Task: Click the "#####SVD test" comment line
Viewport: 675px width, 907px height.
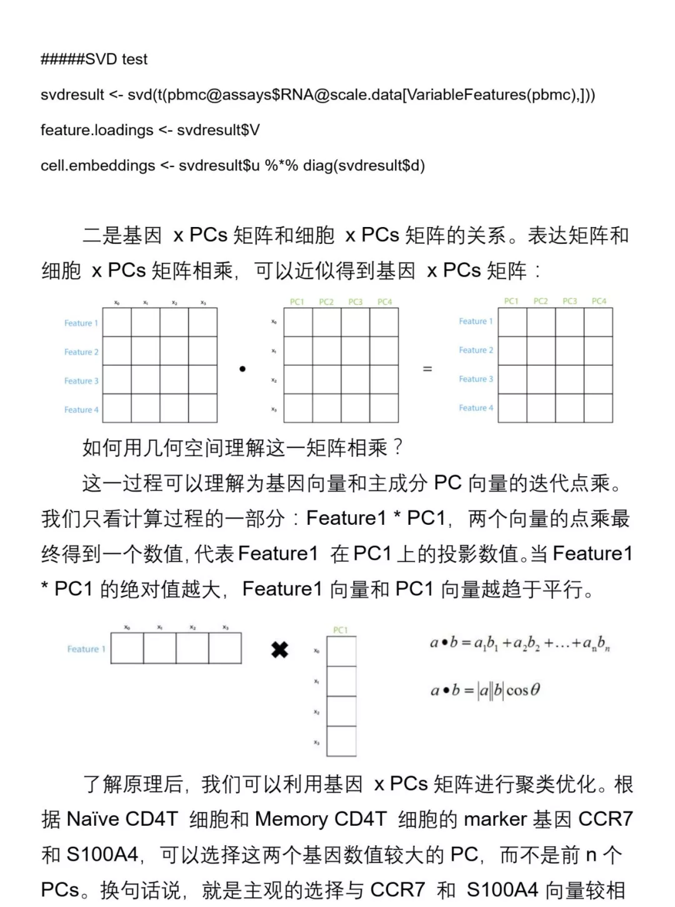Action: (94, 59)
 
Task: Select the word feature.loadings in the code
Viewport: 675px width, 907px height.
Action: (97, 130)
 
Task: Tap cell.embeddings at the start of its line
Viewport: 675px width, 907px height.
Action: (97, 166)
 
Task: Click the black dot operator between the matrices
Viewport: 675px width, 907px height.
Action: (242, 369)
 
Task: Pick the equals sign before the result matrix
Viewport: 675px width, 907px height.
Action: (427, 369)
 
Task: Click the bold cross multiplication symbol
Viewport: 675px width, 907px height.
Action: (279, 650)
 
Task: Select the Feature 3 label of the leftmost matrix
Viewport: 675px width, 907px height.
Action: (81, 381)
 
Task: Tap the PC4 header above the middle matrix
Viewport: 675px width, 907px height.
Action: (384, 301)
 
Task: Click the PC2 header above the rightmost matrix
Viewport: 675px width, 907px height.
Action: (541, 301)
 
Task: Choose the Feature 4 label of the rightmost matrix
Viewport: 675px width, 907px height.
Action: (476, 408)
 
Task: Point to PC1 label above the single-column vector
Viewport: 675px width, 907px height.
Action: (341, 630)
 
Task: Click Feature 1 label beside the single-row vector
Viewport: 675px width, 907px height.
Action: (86, 649)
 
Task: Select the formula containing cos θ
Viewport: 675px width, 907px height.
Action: (485, 691)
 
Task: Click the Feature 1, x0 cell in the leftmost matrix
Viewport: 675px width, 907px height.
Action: (117, 323)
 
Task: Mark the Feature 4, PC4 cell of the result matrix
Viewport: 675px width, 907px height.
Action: (598, 408)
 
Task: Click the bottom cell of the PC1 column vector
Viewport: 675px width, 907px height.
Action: (341, 741)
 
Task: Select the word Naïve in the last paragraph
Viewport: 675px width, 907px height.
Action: (92, 819)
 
